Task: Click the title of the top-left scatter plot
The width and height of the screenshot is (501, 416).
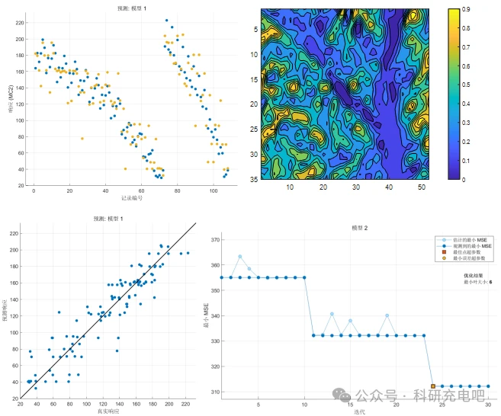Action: (132, 8)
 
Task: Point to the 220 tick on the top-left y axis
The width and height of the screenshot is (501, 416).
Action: (20, 22)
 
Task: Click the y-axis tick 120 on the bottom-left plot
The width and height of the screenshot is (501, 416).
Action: (13, 313)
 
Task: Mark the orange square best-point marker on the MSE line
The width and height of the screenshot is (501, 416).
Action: (433, 386)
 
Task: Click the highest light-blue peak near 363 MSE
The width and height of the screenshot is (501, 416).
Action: (239, 257)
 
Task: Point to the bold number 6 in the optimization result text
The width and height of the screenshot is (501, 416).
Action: (490, 282)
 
